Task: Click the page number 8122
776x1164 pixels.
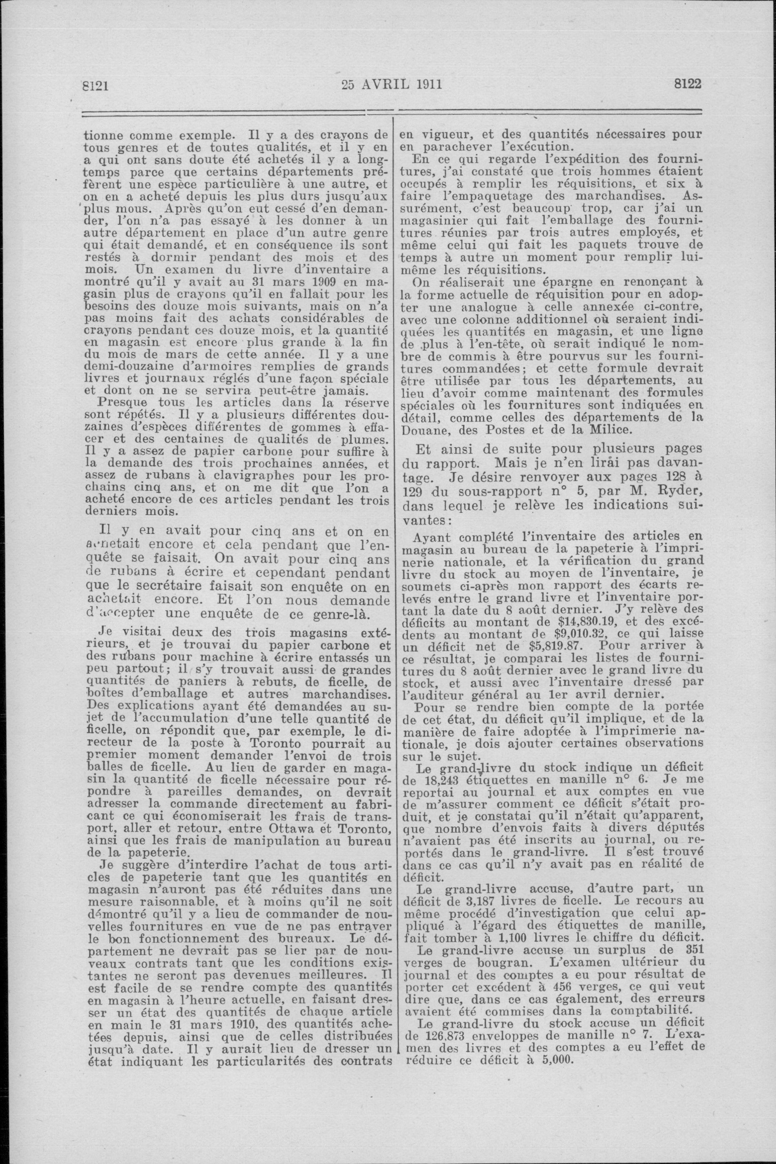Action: coord(688,84)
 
